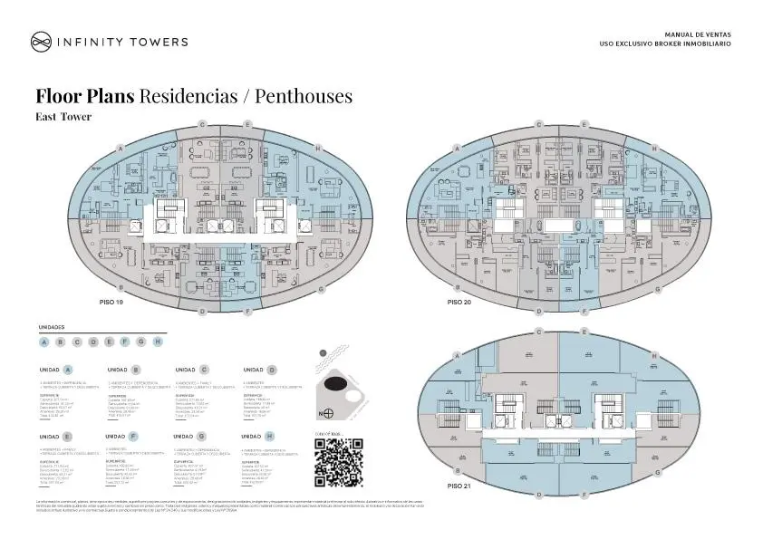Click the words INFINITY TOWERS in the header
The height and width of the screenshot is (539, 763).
pyautogui.click(x=122, y=41)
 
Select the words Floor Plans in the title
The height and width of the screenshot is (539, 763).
pyautogui.click(x=85, y=96)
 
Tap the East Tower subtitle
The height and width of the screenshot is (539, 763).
pyautogui.click(x=63, y=116)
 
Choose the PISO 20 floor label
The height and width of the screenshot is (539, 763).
pyautogui.click(x=459, y=301)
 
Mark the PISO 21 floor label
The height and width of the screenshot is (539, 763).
pyautogui.click(x=459, y=486)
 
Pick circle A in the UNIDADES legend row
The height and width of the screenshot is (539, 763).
pyautogui.click(x=44, y=342)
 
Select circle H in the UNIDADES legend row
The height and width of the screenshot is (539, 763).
pyautogui.click(x=158, y=342)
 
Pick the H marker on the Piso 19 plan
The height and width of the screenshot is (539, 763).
pyautogui.click(x=318, y=148)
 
